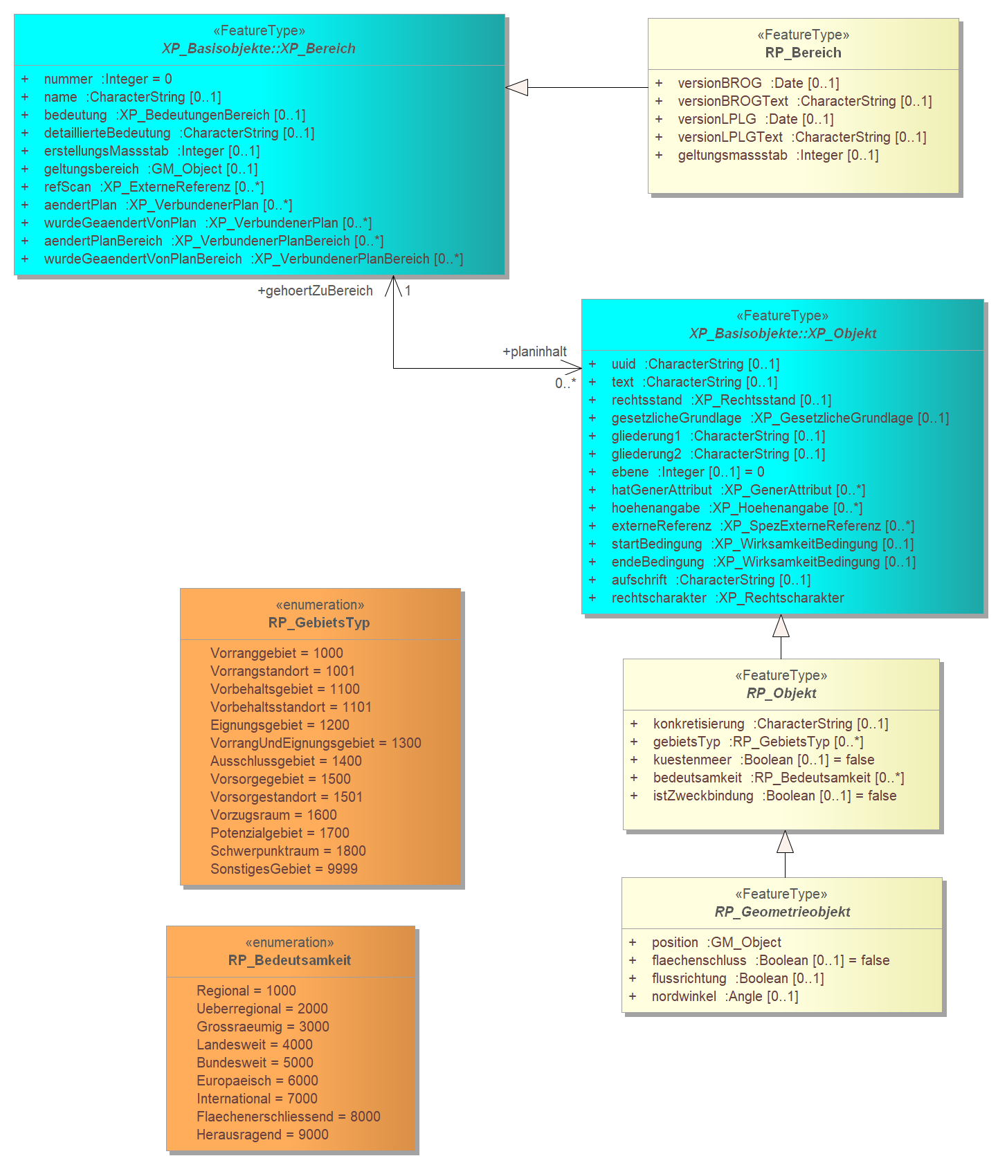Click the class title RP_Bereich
point(803,53)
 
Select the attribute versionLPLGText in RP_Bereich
point(802,137)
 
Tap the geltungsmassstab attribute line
point(778,155)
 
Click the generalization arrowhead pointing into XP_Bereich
point(516,88)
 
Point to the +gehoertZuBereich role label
point(315,291)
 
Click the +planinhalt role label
point(534,352)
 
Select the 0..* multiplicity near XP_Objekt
point(565,383)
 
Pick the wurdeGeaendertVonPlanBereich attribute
point(253,259)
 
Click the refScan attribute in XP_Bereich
point(154,187)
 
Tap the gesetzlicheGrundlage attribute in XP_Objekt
point(780,418)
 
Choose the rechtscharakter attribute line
point(727,598)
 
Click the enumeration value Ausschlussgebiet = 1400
point(286,761)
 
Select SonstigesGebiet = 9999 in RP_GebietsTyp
point(284,869)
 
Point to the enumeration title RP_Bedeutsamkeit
point(289,960)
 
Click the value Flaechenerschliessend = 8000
point(289,1117)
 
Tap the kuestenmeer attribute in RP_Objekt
point(763,760)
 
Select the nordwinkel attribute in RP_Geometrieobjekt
point(725,996)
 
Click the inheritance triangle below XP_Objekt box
point(781,625)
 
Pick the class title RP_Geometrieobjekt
point(782,912)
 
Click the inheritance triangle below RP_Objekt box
point(785,841)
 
